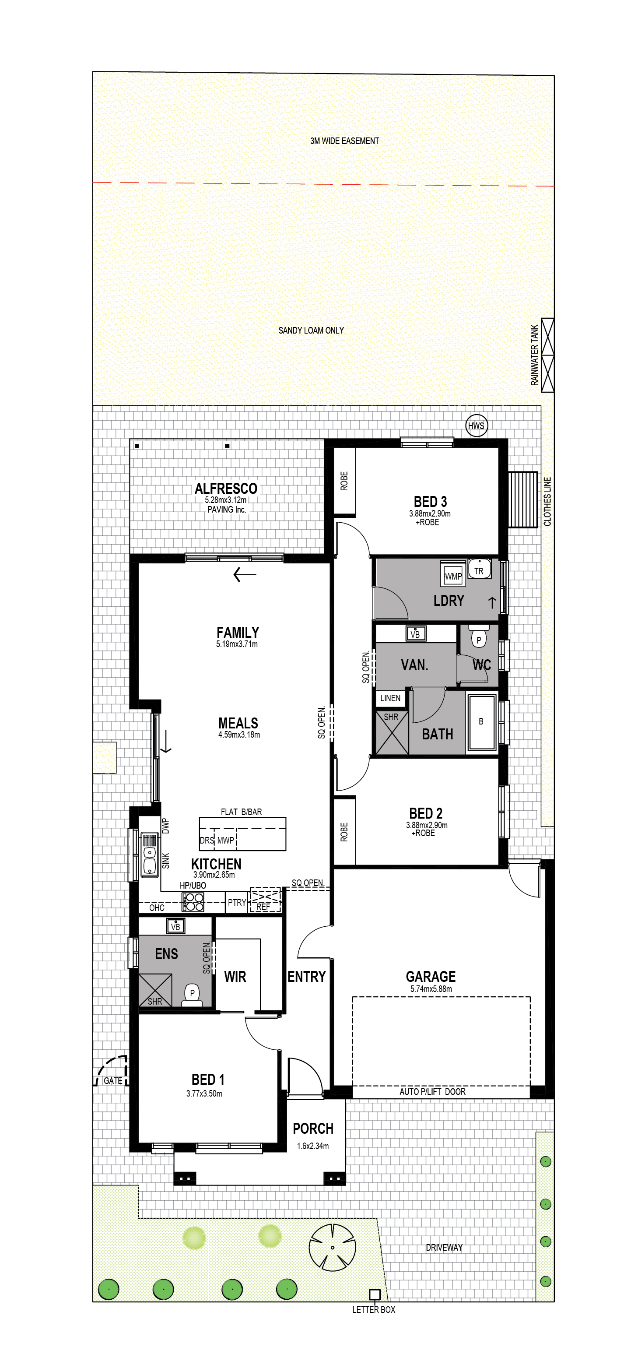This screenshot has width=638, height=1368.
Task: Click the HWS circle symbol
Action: (x=476, y=426)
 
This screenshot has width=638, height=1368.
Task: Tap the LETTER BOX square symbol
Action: (x=374, y=1295)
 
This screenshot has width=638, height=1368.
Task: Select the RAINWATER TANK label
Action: (x=534, y=355)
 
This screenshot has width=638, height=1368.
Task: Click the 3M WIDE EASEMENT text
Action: (x=344, y=141)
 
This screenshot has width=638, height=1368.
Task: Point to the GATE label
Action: (x=113, y=1081)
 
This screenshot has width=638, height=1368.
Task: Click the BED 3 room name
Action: (x=430, y=501)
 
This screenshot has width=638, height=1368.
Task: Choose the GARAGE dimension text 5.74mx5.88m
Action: (x=431, y=989)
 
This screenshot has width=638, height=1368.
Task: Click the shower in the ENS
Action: (x=155, y=990)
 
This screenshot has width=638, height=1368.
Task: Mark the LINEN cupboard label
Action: (x=390, y=698)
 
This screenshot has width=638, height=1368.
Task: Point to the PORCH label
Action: (x=313, y=1129)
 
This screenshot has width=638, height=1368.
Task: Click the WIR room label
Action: (x=235, y=977)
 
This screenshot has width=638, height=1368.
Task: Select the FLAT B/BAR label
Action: (x=241, y=812)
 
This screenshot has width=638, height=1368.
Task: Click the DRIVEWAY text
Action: (x=444, y=1248)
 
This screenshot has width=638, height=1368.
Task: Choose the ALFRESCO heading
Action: (x=226, y=489)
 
